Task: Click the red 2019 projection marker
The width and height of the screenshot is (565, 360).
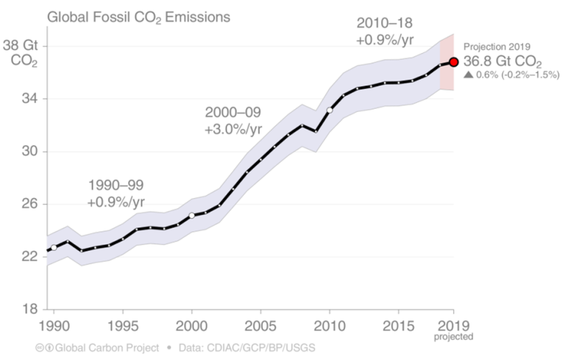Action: coord(454,63)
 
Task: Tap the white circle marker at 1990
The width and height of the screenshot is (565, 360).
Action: coord(54,247)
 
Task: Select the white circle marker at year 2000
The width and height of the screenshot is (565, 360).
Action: coord(191,216)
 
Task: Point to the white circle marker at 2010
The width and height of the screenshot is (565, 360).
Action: coord(330,110)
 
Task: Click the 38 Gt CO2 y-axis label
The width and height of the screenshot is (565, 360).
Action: coord(21,53)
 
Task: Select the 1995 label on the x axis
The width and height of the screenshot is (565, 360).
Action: coord(122,325)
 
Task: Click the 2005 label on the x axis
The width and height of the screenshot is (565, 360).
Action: coord(260,325)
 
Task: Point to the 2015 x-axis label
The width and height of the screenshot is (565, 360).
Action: coord(399,325)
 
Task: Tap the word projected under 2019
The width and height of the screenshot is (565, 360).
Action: coord(454,337)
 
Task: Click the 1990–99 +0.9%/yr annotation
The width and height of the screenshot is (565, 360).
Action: coord(116,193)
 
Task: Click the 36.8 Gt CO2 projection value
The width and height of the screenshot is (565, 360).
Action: coord(502,63)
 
